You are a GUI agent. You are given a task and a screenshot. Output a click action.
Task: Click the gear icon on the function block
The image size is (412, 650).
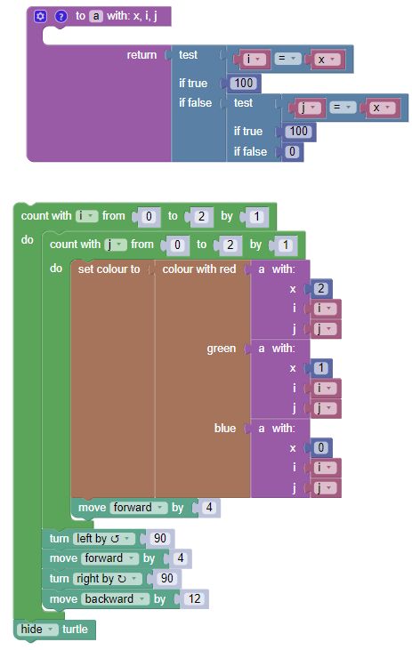[41, 16]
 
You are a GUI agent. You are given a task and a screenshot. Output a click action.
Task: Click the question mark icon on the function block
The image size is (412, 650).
[61, 16]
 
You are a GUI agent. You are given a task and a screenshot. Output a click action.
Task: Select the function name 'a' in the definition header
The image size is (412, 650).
[96, 16]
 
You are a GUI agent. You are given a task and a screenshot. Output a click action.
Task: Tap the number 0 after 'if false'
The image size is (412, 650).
[294, 151]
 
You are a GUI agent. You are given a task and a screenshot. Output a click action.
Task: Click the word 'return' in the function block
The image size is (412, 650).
[141, 55]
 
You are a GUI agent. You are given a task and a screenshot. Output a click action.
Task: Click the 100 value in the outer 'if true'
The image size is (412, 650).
[244, 84]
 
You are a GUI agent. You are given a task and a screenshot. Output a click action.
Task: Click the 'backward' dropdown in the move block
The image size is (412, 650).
[117, 598]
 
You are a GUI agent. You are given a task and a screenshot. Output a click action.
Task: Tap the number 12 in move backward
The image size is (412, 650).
[195, 598]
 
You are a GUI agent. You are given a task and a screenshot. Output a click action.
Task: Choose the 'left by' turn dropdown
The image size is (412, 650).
[105, 538]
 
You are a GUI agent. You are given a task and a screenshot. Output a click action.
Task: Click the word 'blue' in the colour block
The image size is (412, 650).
[225, 428]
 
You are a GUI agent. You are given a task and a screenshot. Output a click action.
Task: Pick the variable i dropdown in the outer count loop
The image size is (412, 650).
[87, 215]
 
